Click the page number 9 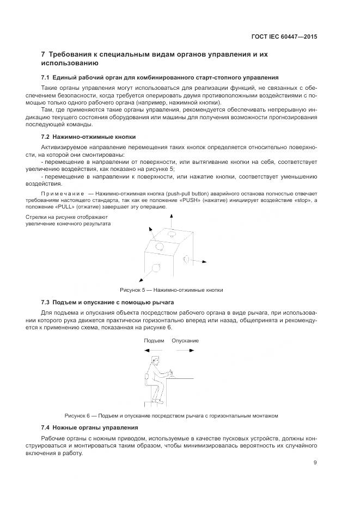(x=315, y=463)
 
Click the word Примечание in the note (x=62, y=194)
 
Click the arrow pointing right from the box (x=204, y=261)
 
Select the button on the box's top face (x=172, y=235)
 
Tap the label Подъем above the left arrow (x=154, y=340)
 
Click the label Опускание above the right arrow (x=185, y=340)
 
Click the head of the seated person (x=156, y=360)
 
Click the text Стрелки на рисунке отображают (x=63, y=217)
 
